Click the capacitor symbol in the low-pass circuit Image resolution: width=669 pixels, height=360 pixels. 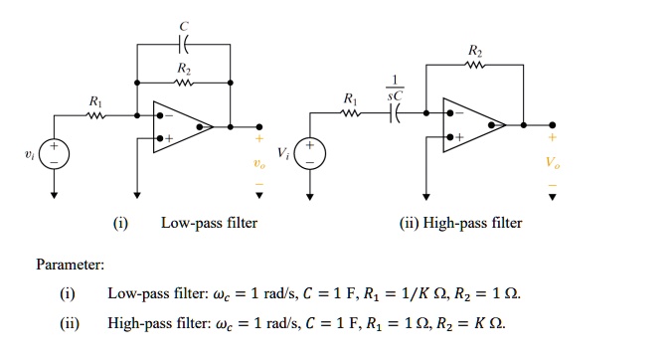tap(181, 45)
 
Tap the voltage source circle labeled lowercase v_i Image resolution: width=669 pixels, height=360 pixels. tap(55, 152)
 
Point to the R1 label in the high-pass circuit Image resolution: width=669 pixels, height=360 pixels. tap(347, 100)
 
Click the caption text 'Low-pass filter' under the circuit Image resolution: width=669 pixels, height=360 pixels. tap(209, 223)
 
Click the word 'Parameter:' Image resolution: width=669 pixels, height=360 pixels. tap(70, 265)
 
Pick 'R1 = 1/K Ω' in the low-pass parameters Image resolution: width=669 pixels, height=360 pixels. tap(396, 295)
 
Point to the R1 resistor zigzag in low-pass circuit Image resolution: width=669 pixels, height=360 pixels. tap(95, 115)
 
